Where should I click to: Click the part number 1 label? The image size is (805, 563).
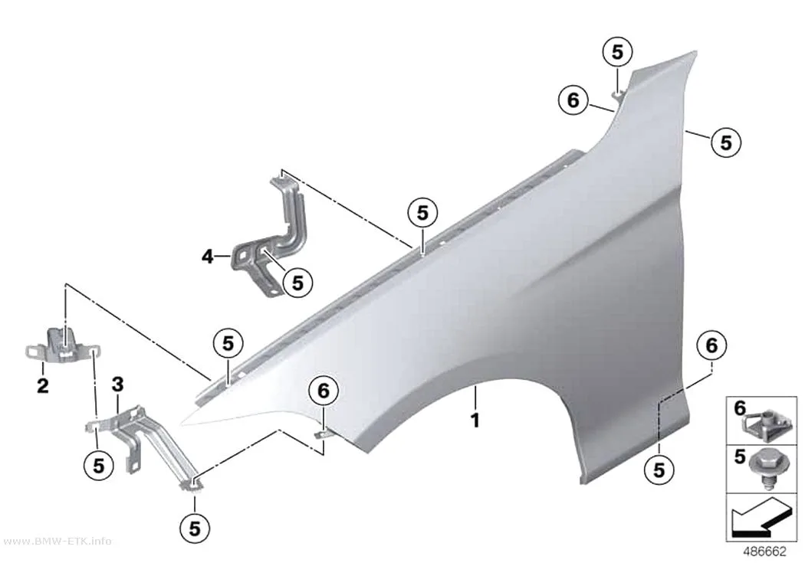tap(475, 421)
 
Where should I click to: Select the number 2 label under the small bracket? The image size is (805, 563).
tap(43, 385)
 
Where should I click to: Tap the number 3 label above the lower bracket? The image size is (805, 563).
tap(117, 384)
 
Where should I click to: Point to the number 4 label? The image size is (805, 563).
tap(208, 256)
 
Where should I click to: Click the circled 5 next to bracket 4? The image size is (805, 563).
tap(297, 283)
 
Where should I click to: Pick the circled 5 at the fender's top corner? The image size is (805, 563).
tap(617, 52)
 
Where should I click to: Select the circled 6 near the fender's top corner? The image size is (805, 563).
tap(573, 100)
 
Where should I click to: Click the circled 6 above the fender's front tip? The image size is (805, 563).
tap(324, 391)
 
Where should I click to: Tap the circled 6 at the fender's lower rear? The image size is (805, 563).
tap(711, 345)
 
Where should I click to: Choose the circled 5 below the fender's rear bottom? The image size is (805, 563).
tap(659, 470)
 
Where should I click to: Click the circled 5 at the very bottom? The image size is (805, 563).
tap(195, 528)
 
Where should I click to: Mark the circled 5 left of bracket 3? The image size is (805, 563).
tap(99, 465)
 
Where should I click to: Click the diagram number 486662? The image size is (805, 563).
tap(764, 552)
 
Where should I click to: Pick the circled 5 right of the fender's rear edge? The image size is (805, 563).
tap(726, 142)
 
